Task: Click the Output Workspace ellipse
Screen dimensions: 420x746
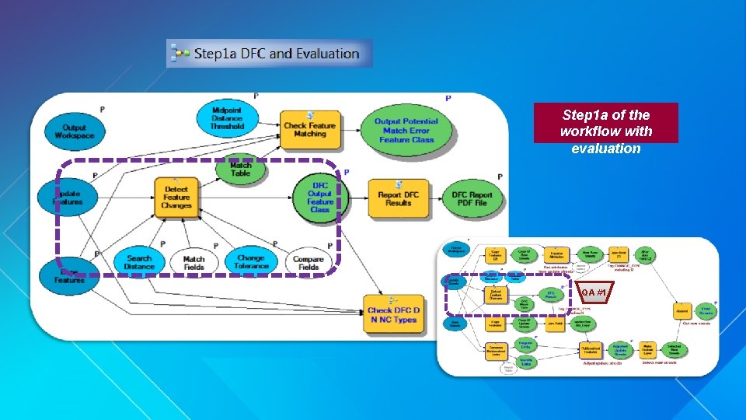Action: (x=74, y=132)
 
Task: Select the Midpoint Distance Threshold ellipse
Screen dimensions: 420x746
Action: (x=227, y=118)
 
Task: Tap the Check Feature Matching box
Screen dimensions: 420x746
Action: (x=309, y=128)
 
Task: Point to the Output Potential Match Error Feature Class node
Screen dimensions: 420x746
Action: (x=406, y=130)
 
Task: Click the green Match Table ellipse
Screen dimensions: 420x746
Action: (x=240, y=170)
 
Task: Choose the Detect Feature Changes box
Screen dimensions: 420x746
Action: (x=176, y=198)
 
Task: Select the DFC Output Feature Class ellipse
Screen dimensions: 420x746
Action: (x=320, y=198)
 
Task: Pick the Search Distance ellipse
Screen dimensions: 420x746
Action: (x=139, y=262)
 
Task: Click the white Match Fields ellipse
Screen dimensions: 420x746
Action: (x=193, y=263)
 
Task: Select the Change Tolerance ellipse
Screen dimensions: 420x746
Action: (x=250, y=262)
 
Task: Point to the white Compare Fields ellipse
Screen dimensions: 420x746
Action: (x=309, y=263)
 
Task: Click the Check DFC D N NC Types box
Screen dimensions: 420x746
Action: (x=394, y=314)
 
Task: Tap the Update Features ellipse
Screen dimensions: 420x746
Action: (x=68, y=197)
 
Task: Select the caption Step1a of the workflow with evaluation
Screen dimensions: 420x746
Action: (x=605, y=131)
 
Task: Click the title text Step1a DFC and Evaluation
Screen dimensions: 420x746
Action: (x=276, y=54)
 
